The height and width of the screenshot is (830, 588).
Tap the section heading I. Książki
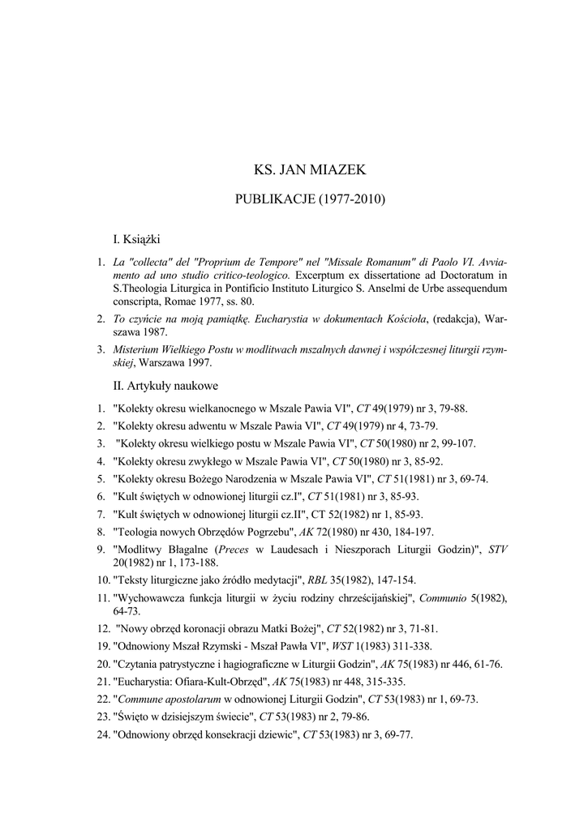pyautogui.click(x=136, y=239)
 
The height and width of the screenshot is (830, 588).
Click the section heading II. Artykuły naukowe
pyautogui.click(x=165, y=386)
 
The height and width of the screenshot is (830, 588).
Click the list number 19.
pyautogui.click(x=104, y=646)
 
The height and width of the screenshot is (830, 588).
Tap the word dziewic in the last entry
pyautogui.click(x=274, y=734)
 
